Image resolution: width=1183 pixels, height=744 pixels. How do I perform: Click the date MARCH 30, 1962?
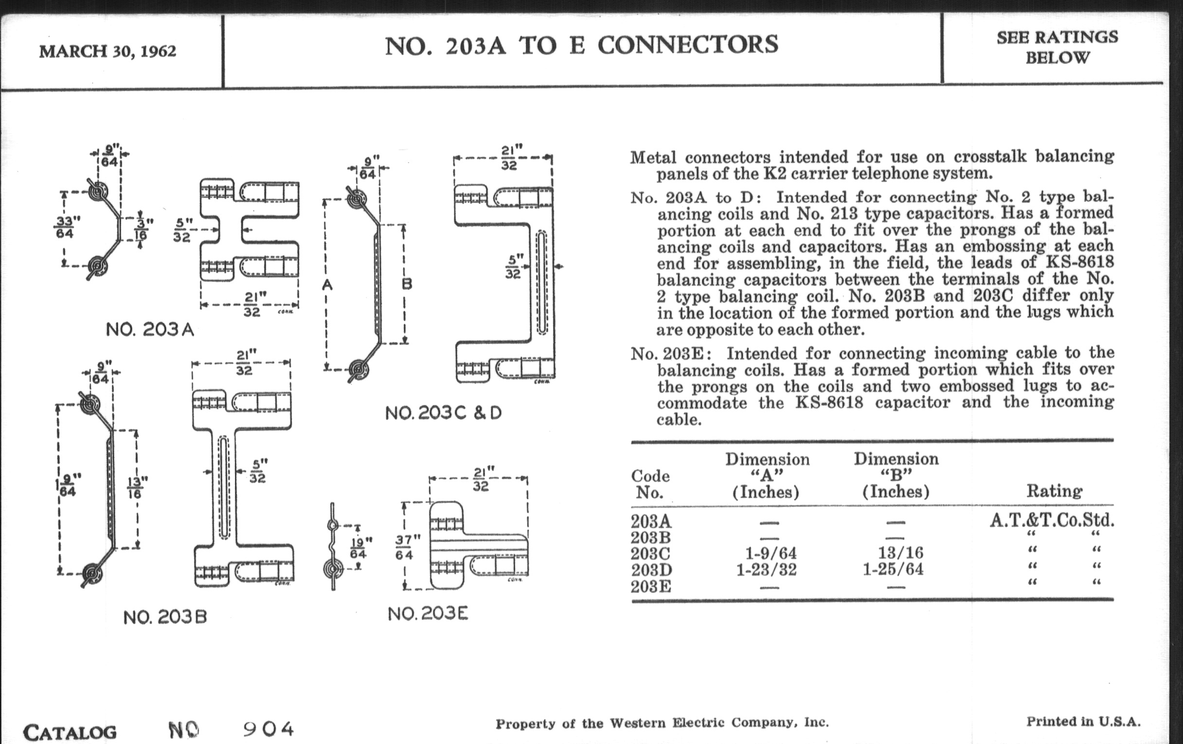coord(108,51)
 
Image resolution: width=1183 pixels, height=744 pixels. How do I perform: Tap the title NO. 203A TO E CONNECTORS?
coord(581,45)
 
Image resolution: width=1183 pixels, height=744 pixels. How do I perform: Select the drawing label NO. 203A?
coord(150,330)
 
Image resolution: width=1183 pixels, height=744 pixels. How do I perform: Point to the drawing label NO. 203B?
coord(165,617)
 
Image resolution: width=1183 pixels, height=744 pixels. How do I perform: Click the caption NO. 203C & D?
coord(443,413)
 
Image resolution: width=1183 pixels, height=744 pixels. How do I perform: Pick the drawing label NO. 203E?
coord(428,614)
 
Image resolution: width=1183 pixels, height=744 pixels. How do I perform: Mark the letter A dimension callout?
coord(327,284)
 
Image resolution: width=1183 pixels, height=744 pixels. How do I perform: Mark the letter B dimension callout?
coord(407,283)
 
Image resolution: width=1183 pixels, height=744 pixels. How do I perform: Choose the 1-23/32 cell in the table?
coord(766,569)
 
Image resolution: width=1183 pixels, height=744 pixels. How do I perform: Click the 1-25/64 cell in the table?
coord(893,569)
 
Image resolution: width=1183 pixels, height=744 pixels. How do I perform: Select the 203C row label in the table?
coord(651,553)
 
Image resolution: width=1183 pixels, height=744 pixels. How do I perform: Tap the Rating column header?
coord(1054,491)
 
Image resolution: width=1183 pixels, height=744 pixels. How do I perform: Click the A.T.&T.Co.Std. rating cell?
coord(1051,520)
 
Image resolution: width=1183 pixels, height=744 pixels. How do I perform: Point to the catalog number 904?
coord(269,729)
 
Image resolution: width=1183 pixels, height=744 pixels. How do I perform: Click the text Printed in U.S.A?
coord(1083,722)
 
